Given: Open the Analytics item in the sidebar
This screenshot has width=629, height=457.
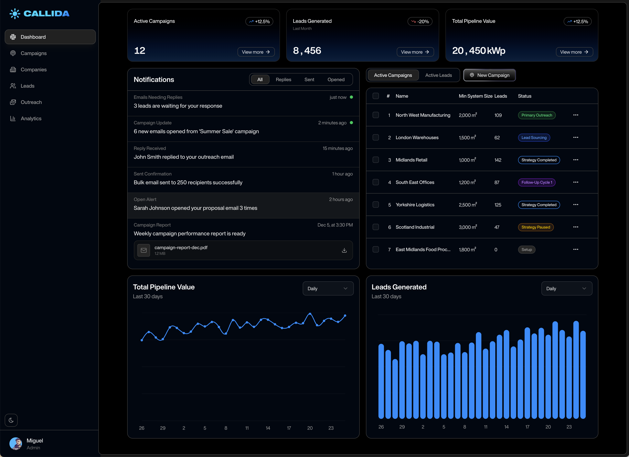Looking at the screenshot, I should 31,118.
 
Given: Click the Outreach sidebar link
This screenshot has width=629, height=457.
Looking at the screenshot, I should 31,102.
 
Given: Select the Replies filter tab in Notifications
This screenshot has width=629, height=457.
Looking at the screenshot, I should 283,80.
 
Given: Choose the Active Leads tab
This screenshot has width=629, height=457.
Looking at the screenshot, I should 438,75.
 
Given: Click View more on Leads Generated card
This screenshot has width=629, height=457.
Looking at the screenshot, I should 415,52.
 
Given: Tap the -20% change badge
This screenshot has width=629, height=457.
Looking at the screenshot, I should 420,21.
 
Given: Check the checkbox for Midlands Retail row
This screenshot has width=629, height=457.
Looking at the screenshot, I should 376,160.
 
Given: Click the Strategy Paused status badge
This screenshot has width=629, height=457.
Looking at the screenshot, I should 535,227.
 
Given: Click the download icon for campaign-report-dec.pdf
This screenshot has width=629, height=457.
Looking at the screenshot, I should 344,251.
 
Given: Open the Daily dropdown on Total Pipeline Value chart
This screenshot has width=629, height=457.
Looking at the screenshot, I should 328,288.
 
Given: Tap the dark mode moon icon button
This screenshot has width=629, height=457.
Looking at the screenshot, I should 11,420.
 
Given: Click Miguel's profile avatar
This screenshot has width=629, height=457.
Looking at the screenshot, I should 16,444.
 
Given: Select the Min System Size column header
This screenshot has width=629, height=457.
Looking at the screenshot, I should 475,96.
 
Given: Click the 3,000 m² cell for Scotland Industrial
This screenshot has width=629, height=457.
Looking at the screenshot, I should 468,227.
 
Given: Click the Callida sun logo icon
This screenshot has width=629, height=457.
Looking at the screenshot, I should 15,14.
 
